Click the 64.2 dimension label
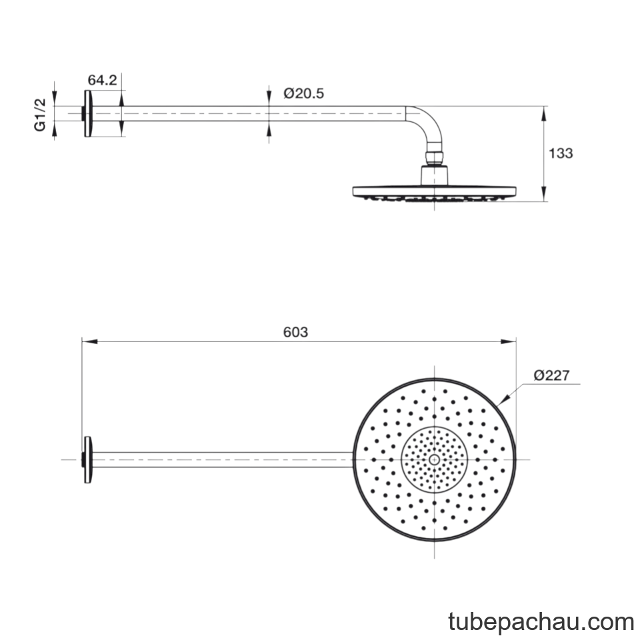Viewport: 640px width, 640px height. [x=102, y=80]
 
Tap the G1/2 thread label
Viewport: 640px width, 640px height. [x=40, y=115]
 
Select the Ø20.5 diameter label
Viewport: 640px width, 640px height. [x=304, y=93]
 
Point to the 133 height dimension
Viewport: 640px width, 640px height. [x=561, y=153]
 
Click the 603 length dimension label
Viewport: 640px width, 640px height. [x=295, y=332]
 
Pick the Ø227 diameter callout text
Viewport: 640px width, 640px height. [x=551, y=375]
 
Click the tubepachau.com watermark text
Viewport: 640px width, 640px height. [x=541, y=622]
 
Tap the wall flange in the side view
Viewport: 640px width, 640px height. [x=88, y=113]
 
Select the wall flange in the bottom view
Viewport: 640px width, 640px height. [x=88, y=460]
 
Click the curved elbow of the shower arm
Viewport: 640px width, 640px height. [x=431, y=121]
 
